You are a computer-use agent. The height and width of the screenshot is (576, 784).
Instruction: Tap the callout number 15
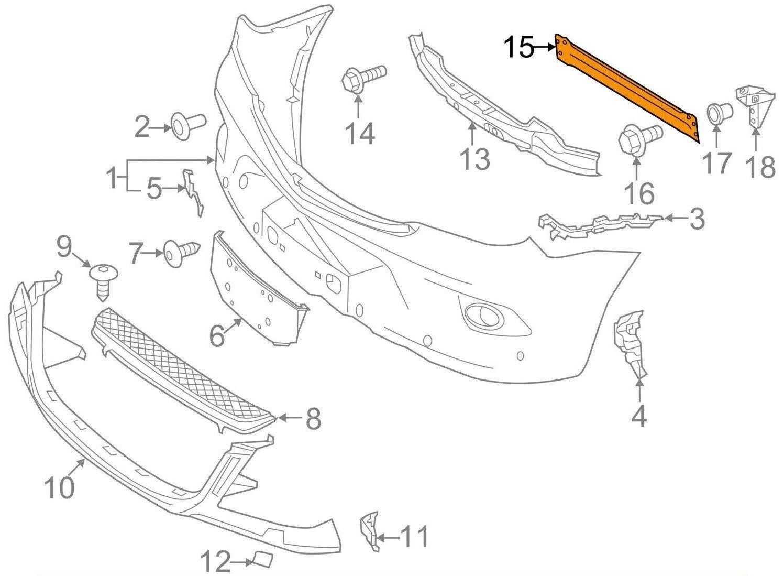(x=518, y=48)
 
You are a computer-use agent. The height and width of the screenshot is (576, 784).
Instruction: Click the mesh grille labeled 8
(x=183, y=367)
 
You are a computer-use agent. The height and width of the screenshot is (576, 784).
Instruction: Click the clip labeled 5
(x=192, y=192)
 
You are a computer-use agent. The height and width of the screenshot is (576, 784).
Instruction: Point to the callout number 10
(x=59, y=488)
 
